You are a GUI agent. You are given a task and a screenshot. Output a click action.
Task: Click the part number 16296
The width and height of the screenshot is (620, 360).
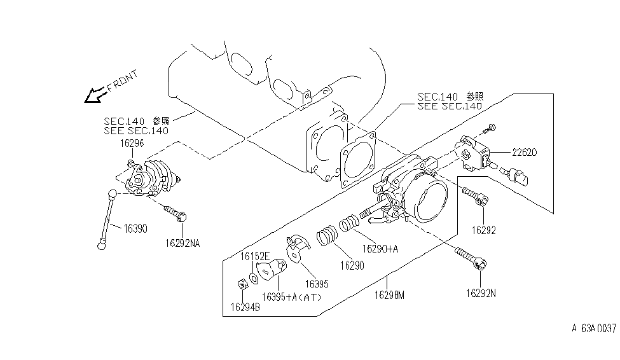click(x=132, y=144)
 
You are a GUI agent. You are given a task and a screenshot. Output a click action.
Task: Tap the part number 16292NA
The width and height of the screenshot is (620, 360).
click(x=183, y=242)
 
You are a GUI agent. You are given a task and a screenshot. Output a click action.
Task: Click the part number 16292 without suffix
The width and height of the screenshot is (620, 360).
click(x=483, y=230)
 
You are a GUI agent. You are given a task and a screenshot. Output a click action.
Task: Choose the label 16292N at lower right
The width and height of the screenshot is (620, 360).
click(x=481, y=293)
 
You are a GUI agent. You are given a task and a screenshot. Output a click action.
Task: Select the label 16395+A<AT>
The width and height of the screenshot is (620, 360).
click(x=292, y=297)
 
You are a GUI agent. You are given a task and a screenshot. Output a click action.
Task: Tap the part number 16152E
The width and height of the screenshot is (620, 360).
click(x=254, y=256)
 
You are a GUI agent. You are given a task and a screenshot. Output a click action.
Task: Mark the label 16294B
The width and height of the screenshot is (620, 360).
click(x=244, y=307)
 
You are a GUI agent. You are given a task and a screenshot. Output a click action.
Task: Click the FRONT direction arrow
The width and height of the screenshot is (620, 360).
click(x=96, y=95)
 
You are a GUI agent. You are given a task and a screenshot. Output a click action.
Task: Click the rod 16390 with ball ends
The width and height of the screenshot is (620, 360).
click(x=106, y=218)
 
